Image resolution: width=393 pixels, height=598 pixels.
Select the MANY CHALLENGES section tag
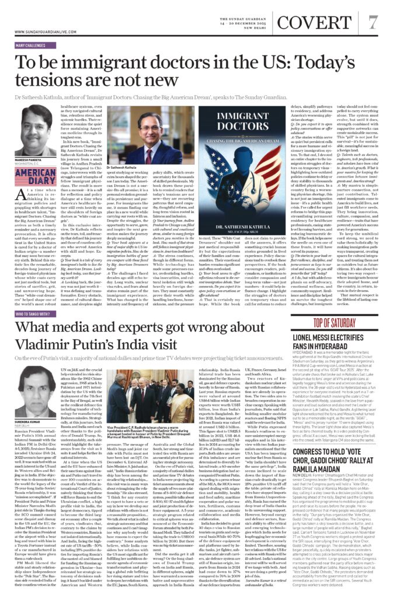point(30,45)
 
